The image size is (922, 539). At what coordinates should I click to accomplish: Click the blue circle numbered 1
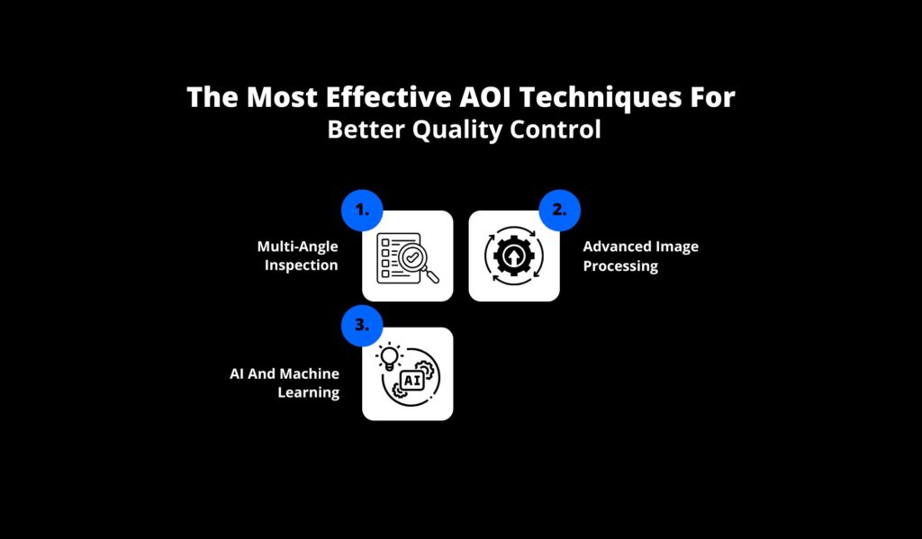tap(362, 210)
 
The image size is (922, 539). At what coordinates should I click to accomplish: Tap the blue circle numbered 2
tap(560, 210)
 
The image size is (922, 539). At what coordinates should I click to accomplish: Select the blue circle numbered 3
tap(362, 325)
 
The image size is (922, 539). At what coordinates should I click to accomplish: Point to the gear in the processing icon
tap(514, 256)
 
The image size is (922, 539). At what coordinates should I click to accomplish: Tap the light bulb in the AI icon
tap(389, 357)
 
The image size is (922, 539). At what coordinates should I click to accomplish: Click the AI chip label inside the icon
tap(412, 381)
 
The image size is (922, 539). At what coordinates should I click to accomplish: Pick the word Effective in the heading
tap(389, 97)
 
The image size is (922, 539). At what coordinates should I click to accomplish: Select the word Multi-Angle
tap(297, 247)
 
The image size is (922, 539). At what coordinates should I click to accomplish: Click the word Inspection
tap(301, 265)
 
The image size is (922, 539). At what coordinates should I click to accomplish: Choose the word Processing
tap(620, 265)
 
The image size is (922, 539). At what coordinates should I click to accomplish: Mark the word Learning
tap(308, 392)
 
